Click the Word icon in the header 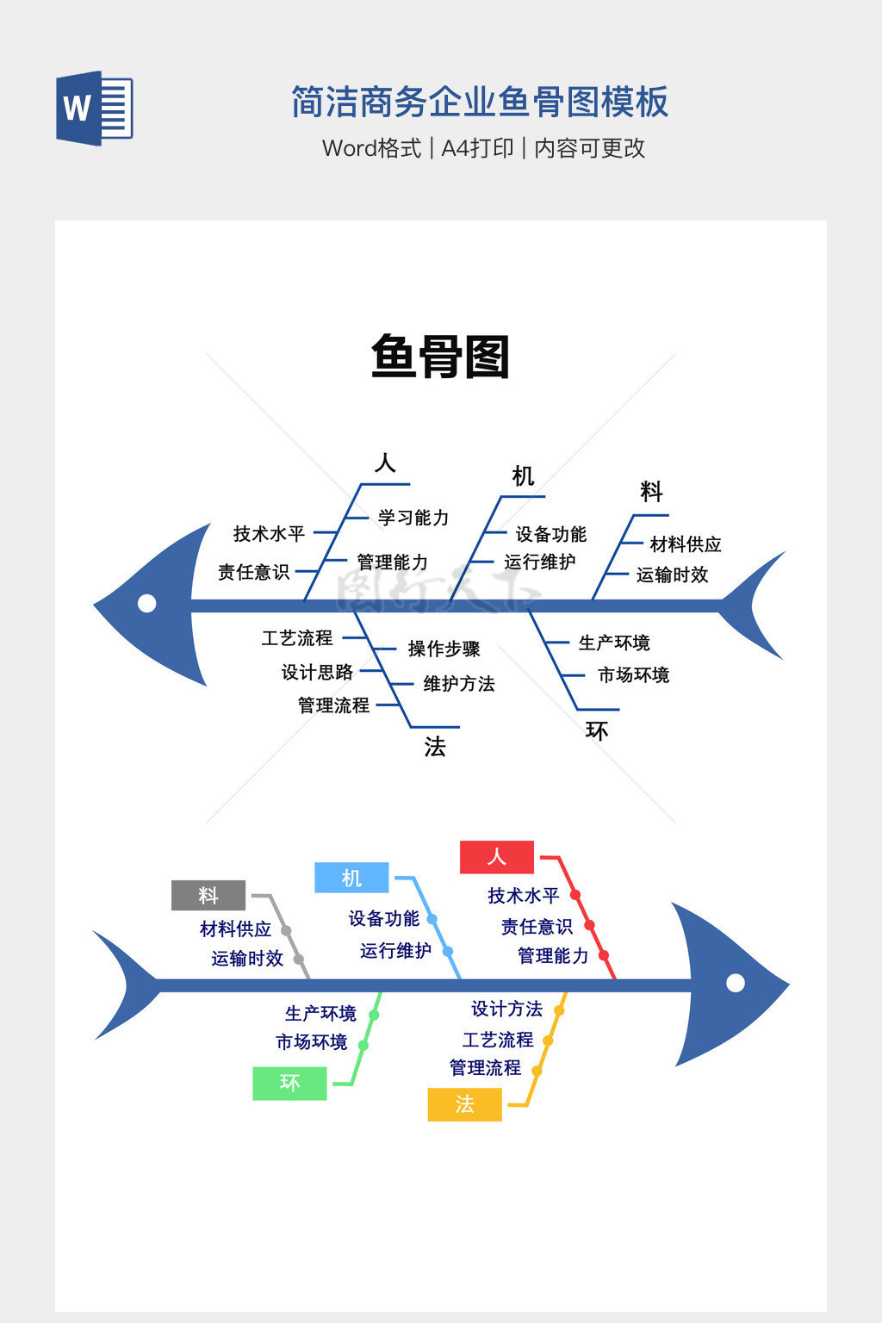tap(94, 108)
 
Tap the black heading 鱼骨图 tap(440, 357)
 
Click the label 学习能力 tap(413, 518)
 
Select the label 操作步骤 tap(444, 649)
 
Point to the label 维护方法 tap(459, 684)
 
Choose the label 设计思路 tap(317, 672)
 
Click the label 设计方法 tap(506, 1009)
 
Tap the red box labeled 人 tap(497, 857)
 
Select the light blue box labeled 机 tap(351, 878)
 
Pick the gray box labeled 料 tap(208, 896)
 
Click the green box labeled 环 tap(289, 1083)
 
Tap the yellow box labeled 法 tap(464, 1104)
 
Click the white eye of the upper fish tap(147, 603)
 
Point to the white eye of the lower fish tap(736, 983)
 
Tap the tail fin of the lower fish tap(125, 984)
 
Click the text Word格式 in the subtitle tap(371, 148)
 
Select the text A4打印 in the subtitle tap(477, 148)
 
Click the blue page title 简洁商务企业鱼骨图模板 tap(480, 102)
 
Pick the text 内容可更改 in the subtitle tap(590, 148)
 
